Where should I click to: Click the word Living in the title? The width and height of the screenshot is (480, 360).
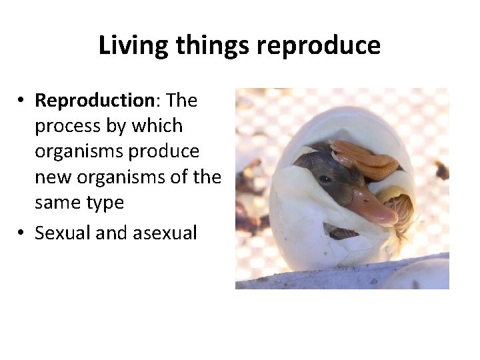[131, 46]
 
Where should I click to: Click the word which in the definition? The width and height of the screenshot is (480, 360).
[157, 126]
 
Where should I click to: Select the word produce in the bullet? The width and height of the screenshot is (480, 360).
[165, 151]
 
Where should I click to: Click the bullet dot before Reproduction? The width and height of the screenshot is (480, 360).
[22, 101]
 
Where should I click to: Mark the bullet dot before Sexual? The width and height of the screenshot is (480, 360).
[22, 233]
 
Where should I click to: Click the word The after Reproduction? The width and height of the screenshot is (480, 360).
[182, 101]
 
